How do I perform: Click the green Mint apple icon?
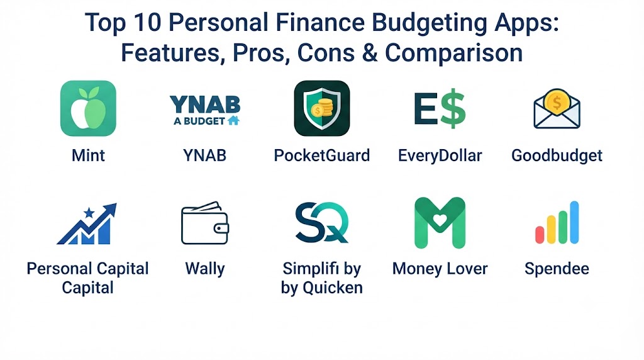tap(88, 108)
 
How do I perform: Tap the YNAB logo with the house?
tap(205, 110)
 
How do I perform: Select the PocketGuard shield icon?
tap(322, 108)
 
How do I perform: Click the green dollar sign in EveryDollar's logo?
tap(453, 108)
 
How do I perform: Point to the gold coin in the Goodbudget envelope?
tap(557, 101)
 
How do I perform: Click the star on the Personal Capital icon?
tap(89, 213)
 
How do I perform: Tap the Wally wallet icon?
tap(205, 223)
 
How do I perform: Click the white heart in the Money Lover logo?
tap(440, 221)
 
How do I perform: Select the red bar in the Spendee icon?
tap(540, 235)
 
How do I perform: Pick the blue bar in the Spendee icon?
tap(574, 222)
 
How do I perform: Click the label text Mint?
tap(88, 155)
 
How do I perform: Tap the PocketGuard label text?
tap(322, 155)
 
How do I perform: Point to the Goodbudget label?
tap(557, 156)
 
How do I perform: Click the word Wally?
tap(205, 269)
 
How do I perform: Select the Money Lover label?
tap(440, 269)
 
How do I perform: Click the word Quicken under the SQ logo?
tap(333, 288)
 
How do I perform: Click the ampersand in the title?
tap(370, 53)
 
